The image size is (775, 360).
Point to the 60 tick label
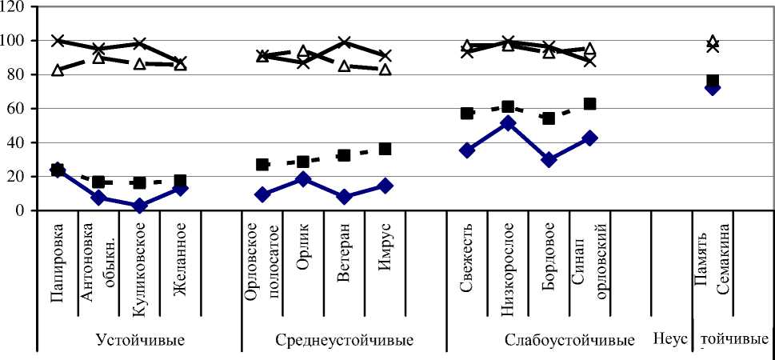click(x=17, y=108)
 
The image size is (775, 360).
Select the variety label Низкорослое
click(x=508, y=258)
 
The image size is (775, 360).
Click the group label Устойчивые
click(x=140, y=339)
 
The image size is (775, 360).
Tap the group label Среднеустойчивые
click(x=344, y=339)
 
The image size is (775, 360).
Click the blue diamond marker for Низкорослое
click(x=508, y=123)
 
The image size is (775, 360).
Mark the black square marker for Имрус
click(x=385, y=149)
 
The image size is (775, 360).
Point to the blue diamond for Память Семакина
click(x=712, y=87)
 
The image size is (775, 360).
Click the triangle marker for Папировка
click(x=58, y=70)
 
